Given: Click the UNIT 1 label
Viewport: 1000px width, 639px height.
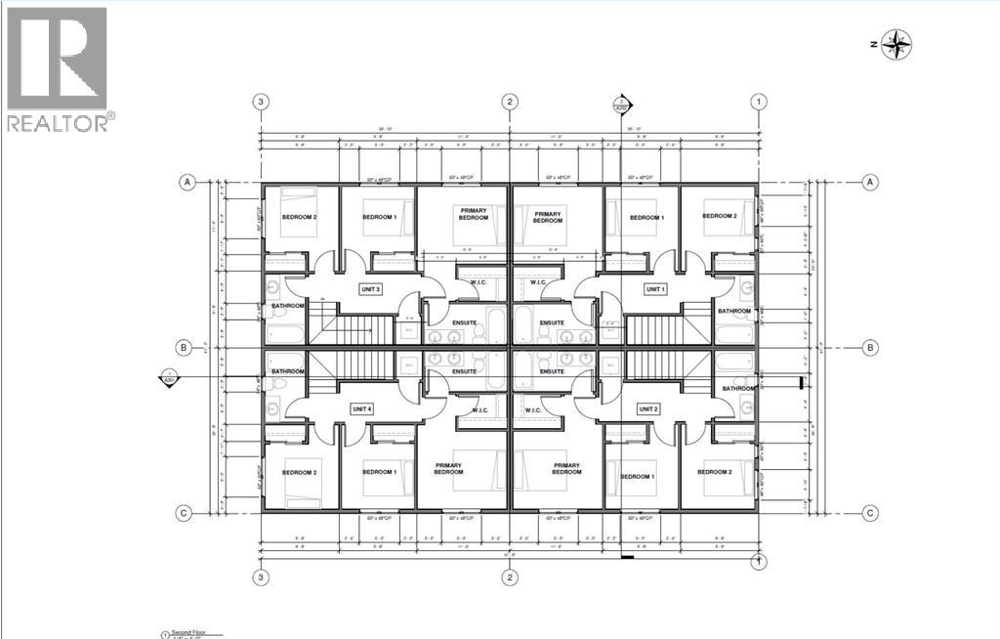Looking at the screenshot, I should click(654, 289).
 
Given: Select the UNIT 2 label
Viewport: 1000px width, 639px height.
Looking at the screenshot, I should click(649, 408).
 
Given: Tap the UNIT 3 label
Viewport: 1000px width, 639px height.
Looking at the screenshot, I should click(371, 289).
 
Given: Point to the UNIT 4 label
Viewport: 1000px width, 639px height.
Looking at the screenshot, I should click(361, 408).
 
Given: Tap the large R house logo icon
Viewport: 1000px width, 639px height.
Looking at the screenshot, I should click(57, 59).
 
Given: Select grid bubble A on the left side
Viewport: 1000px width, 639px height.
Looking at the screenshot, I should click(185, 182).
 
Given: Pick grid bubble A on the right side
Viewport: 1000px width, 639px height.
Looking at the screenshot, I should click(870, 182).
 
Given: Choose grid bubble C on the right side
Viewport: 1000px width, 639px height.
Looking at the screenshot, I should click(870, 512).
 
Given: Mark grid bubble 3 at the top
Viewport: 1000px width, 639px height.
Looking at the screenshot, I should click(261, 102).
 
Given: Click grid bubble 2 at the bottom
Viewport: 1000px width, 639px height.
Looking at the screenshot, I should click(509, 577).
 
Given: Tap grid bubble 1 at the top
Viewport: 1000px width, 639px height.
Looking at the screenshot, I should click(758, 102).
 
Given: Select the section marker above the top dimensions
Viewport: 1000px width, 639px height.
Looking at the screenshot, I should click(619, 104).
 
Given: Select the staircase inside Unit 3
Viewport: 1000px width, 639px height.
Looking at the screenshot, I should click(358, 328).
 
